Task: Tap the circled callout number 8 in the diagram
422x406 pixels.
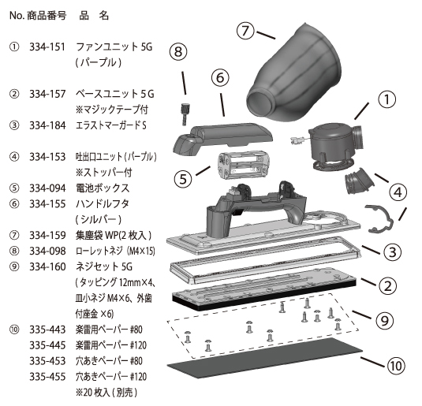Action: coord(179,52)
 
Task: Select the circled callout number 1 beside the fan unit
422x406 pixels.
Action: coord(387,99)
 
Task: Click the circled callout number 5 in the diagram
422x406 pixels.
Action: coord(183,177)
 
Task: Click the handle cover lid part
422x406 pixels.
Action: coord(218,130)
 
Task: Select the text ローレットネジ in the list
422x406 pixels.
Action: coord(100,251)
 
